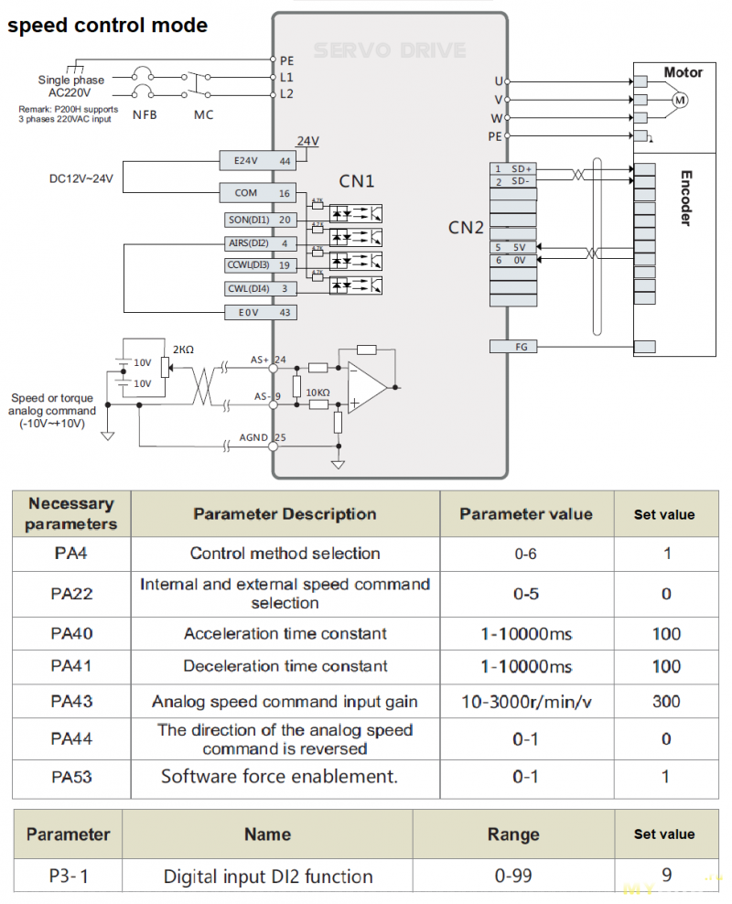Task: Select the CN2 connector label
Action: click(466, 227)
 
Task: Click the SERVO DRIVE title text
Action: click(390, 51)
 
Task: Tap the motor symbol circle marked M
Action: click(679, 100)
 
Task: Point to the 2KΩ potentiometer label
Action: click(184, 349)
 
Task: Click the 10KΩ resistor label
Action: click(318, 393)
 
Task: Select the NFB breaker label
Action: click(144, 115)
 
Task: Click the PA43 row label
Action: click(71, 702)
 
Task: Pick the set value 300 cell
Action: click(666, 702)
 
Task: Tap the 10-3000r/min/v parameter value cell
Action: click(525, 702)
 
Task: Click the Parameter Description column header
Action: click(285, 514)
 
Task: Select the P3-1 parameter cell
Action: click(69, 876)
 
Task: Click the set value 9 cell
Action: click(666, 876)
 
